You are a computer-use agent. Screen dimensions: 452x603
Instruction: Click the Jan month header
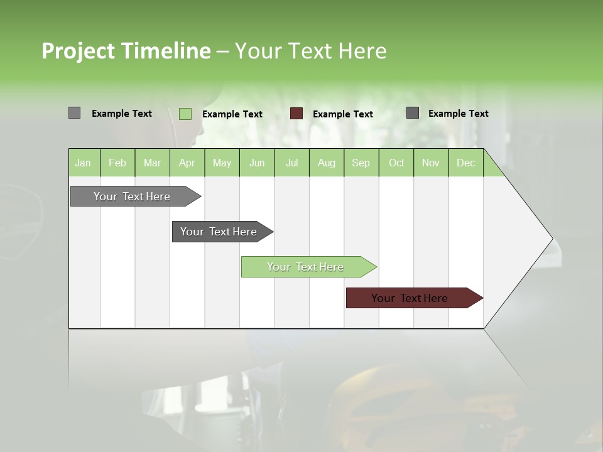coord(83,163)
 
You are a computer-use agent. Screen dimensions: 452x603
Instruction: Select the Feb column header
coord(117,163)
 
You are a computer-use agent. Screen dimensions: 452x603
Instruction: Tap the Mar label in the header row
coord(152,163)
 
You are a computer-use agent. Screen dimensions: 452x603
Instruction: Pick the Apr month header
coord(187,163)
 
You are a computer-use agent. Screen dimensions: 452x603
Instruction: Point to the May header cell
coord(222,163)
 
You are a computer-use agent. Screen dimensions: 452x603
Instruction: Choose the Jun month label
coord(257,163)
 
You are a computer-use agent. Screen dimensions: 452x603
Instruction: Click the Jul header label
coord(291,163)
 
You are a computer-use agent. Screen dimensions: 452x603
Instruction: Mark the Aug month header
coord(326,163)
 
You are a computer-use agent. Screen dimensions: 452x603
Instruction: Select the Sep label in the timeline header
coord(361,163)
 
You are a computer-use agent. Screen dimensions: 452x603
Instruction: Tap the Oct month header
coord(396,163)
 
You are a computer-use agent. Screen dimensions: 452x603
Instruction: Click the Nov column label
coord(431,163)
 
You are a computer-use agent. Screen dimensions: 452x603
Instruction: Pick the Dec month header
coord(465,163)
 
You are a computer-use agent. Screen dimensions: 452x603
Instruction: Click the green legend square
coord(185,114)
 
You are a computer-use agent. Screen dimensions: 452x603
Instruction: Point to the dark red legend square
coord(296,114)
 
